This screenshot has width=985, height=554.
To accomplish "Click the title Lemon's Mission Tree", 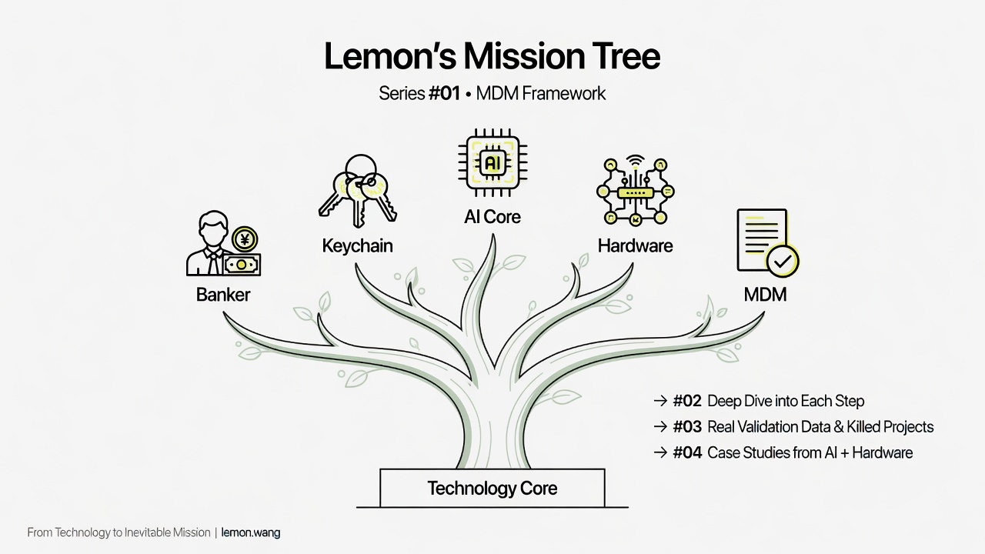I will [x=492, y=57].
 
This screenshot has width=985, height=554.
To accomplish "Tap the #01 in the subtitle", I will [x=444, y=94].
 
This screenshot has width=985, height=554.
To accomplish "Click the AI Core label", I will [x=492, y=217].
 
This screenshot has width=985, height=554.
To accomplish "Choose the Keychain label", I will [x=357, y=246].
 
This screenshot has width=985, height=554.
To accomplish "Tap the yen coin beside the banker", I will [x=245, y=240].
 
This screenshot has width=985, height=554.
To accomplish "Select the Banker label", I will [x=223, y=295].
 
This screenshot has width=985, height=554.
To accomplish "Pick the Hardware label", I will [x=635, y=246].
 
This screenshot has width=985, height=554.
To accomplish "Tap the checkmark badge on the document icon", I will [x=783, y=262].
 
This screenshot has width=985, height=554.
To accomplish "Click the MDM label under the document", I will [x=765, y=295].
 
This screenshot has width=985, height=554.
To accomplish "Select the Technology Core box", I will [x=492, y=488].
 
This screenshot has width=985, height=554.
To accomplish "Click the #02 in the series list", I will [x=687, y=402].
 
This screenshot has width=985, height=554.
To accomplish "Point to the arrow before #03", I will [x=659, y=427].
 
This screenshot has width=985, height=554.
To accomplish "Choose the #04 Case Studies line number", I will [x=687, y=452].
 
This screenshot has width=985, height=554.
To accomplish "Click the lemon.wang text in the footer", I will [x=251, y=532].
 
